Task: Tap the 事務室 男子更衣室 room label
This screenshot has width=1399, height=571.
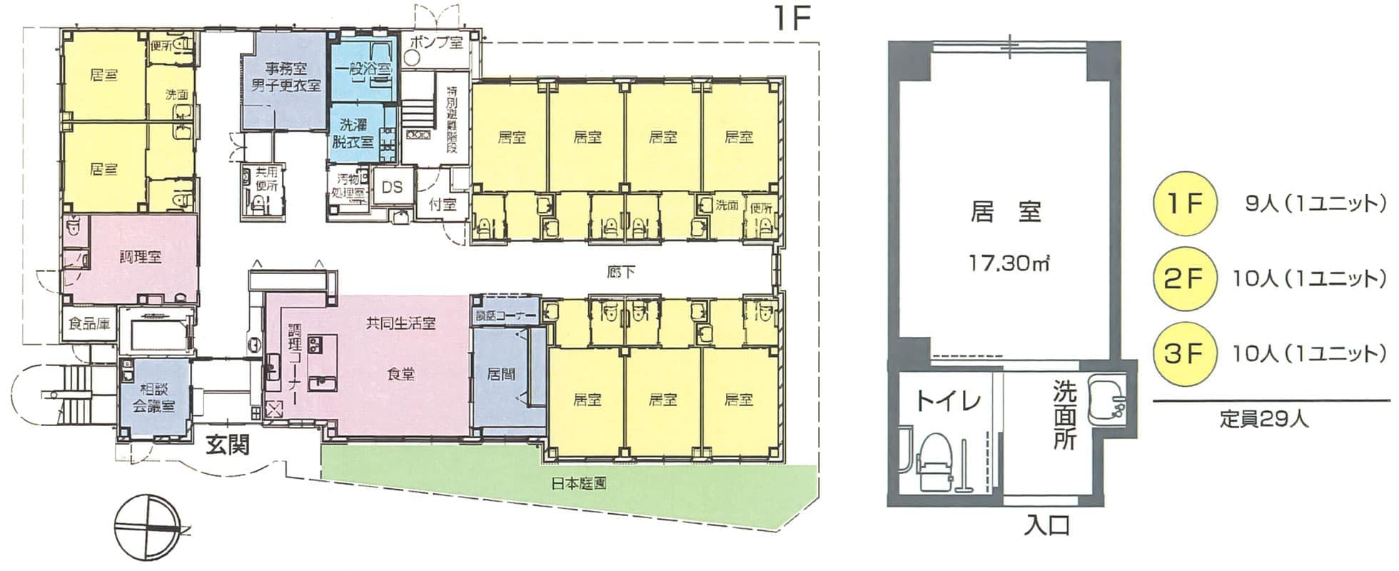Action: click(286, 77)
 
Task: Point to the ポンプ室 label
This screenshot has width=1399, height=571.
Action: click(436, 42)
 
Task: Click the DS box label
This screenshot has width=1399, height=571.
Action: click(392, 187)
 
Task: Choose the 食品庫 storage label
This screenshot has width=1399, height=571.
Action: click(89, 324)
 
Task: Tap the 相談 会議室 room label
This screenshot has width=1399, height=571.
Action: click(153, 398)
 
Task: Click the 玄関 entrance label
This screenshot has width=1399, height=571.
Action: click(228, 445)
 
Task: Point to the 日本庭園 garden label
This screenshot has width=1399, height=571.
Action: click(579, 483)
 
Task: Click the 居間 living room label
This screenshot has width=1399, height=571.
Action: click(502, 373)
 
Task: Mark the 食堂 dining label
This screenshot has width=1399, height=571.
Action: click(400, 373)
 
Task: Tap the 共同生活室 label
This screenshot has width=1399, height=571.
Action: click(400, 323)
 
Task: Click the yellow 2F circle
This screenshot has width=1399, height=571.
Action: click(1183, 279)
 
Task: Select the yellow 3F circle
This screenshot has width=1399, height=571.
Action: click(1183, 354)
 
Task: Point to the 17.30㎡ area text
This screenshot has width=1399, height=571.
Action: click(1007, 263)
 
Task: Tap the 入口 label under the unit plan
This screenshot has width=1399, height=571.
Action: click(1047, 526)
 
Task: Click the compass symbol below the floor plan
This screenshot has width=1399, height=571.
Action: click(146, 527)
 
